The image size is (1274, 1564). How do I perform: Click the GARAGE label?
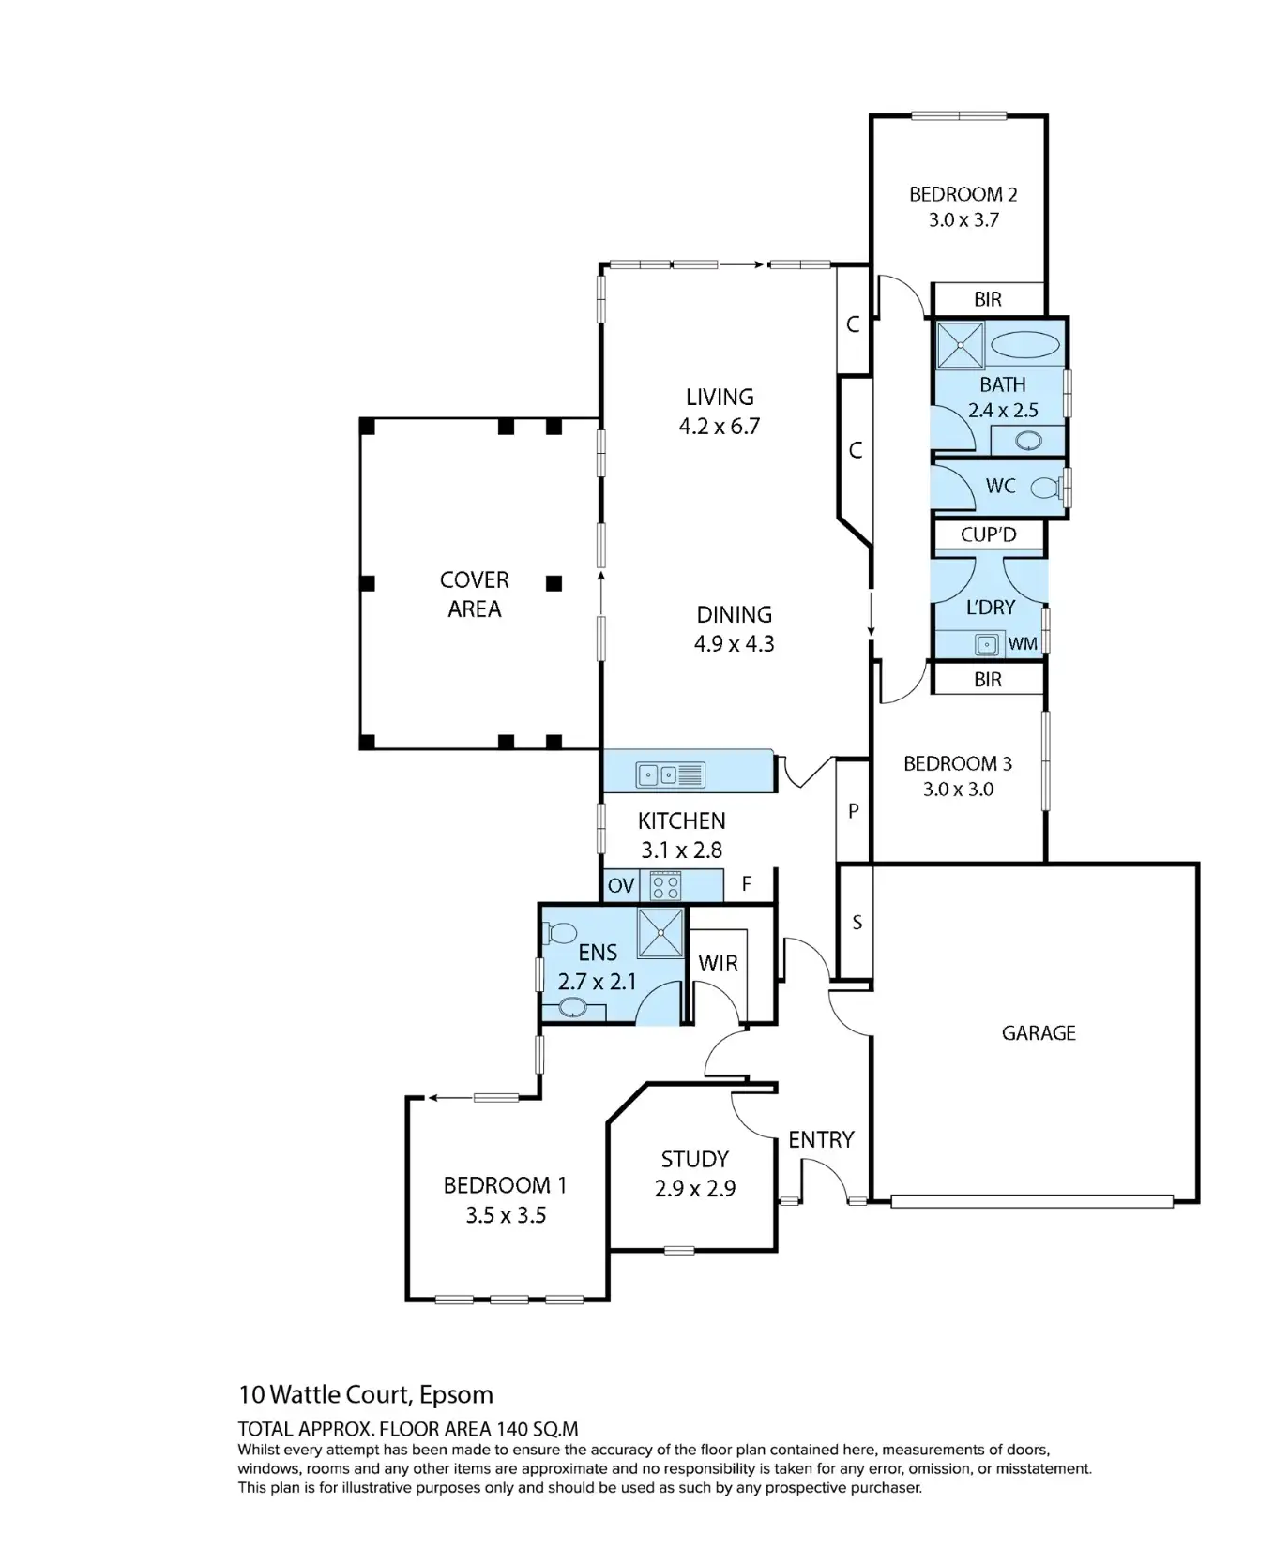[1039, 1033]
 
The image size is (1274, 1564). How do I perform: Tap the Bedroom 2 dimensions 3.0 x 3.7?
[963, 220]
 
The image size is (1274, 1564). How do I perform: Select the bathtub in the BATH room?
[1026, 344]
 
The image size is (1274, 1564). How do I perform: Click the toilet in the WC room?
[1044, 488]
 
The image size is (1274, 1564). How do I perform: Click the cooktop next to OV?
[665, 885]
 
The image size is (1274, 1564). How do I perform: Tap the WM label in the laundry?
[1023, 644]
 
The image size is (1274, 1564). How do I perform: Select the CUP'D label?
[989, 535]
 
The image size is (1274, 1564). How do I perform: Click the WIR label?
[718, 963]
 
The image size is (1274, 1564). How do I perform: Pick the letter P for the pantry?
[854, 811]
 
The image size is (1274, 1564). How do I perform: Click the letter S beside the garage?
[857, 923]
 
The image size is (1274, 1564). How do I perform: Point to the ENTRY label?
[821, 1140]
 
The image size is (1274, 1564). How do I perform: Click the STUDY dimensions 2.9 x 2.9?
[695, 1189]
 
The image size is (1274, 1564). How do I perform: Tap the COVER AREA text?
[475, 594]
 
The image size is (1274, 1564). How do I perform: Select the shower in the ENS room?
[660, 933]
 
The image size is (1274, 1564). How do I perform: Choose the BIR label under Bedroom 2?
[988, 300]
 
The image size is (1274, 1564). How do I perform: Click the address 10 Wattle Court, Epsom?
[366, 1394]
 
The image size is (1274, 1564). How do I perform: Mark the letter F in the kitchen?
[747, 884]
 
